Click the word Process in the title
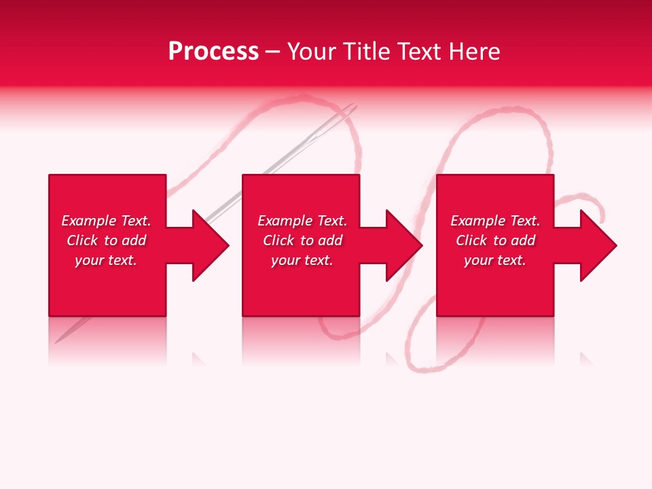click(x=213, y=52)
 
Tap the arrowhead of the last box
click(x=597, y=245)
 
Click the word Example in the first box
click(x=89, y=221)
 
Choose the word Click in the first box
click(x=83, y=240)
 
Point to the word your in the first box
click(x=89, y=261)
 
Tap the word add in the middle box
click(x=330, y=240)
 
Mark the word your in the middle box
click(x=285, y=261)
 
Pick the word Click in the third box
click(x=472, y=240)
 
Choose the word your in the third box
click(x=478, y=261)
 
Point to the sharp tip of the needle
click(x=57, y=342)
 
